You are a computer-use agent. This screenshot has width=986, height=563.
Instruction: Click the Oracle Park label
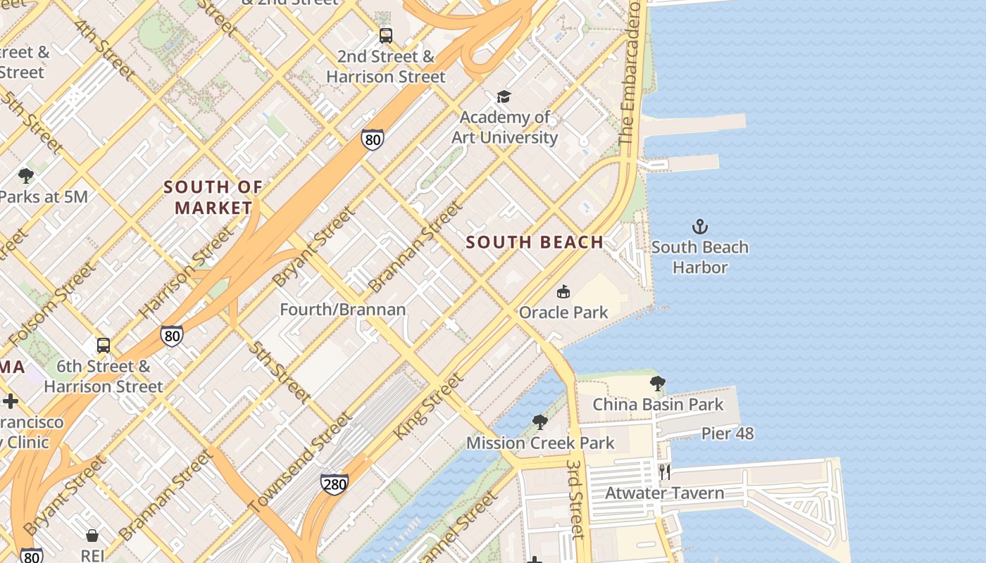pos(563,312)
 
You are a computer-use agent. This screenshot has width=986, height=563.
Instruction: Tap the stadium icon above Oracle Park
pos(563,291)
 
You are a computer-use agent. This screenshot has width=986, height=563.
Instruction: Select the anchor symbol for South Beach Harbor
pos(699,227)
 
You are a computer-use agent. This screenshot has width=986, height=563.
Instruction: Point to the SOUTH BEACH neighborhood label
pos(535,242)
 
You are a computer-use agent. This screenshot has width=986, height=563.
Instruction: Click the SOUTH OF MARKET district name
pos(213,198)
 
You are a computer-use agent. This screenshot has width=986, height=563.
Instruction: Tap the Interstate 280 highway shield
pos(334,483)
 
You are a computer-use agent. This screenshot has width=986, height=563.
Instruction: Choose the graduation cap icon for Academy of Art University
pos(504,96)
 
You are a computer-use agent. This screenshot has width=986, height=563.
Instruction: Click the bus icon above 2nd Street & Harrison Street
pos(385,35)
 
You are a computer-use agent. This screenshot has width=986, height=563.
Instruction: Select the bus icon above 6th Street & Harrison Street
pos(104,346)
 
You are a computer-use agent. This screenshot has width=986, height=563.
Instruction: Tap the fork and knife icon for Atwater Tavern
pos(664,472)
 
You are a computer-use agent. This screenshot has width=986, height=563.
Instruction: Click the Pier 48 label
pos(728,434)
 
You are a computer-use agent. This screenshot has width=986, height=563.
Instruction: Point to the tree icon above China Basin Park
pos(657,384)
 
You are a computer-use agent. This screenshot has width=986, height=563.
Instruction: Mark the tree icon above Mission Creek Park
pos(540,422)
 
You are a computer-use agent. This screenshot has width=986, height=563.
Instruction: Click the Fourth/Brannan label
pos(343,310)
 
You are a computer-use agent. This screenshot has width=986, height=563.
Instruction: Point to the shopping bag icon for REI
pos(92,536)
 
